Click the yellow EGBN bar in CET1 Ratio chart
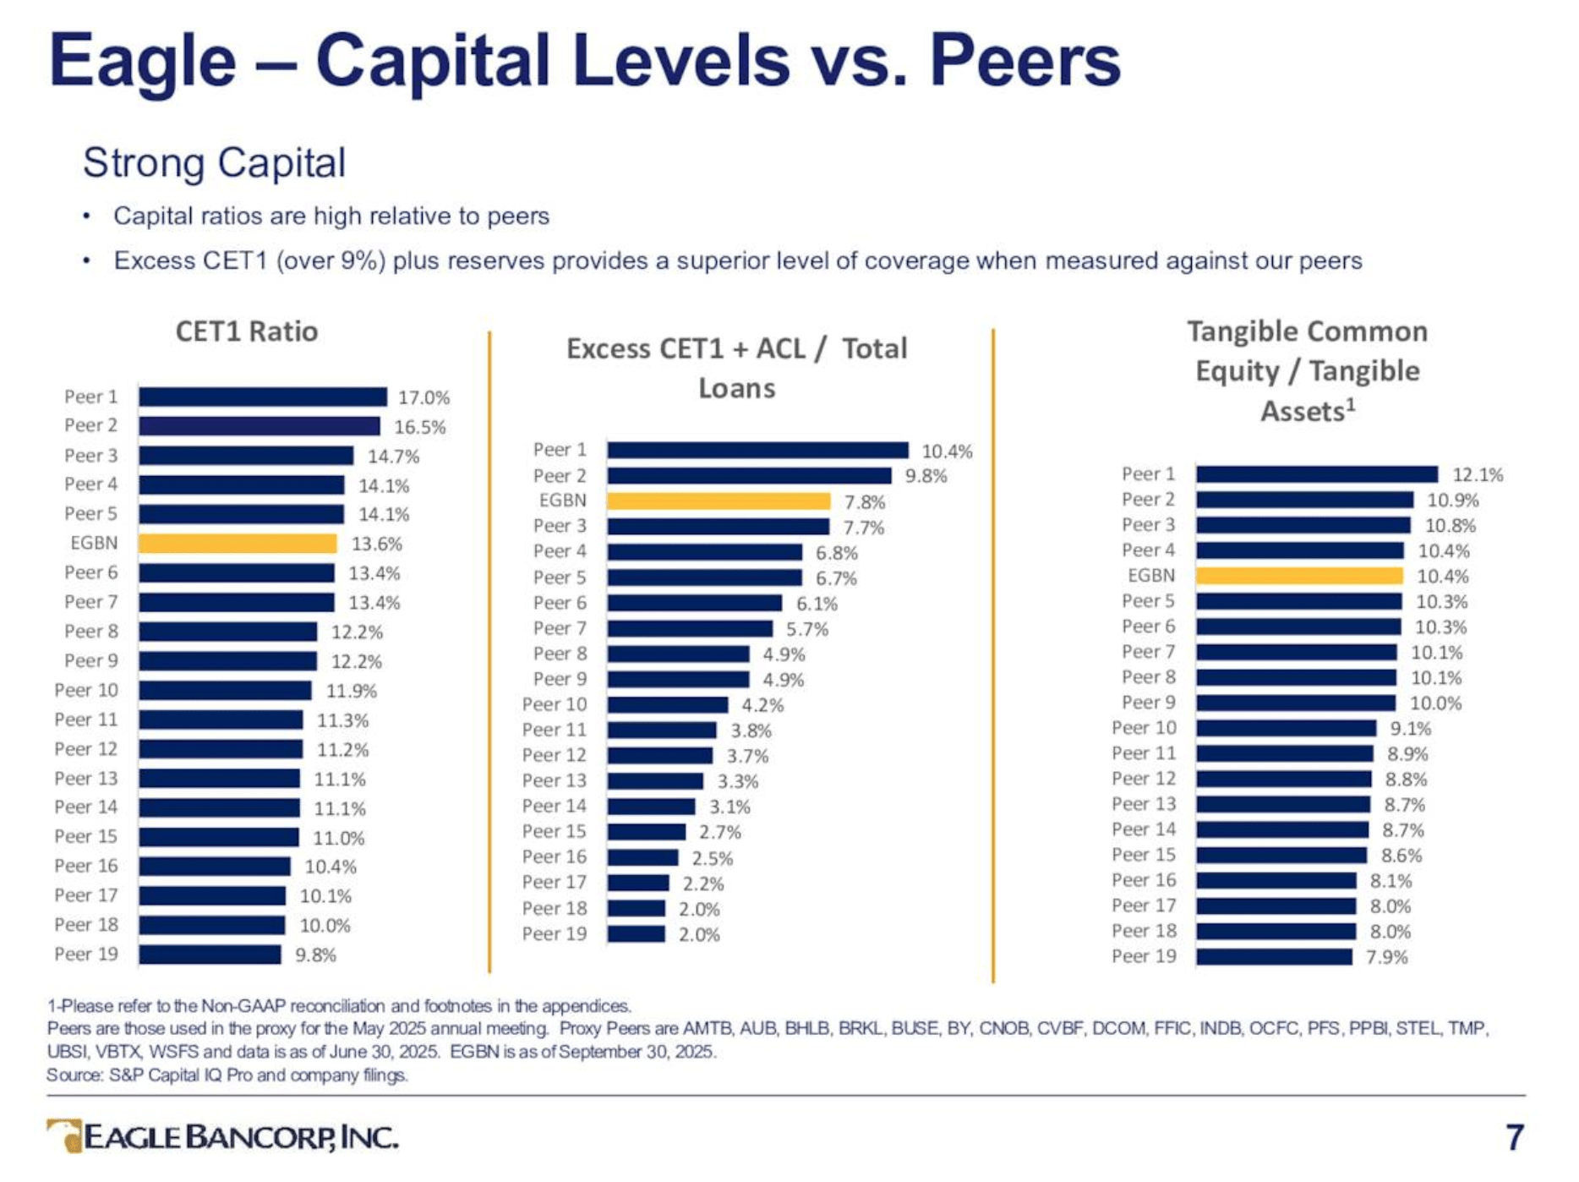click(238, 544)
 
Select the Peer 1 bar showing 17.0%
click(263, 397)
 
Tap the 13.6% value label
click(376, 544)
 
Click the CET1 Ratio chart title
click(246, 331)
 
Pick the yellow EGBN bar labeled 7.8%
click(718, 501)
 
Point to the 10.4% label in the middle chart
click(947, 451)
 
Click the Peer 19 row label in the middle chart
click(554, 934)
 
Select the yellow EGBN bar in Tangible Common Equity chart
click(1299, 576)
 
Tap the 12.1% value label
click(1478, 475)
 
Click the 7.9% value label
click(1387, 957)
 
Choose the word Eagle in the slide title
click(142, 61)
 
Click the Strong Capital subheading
click(215, 162)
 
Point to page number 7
click(1514, 1137)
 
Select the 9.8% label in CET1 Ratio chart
click(315, 955)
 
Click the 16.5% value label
click(419, 427)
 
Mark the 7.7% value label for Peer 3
click(863, 528)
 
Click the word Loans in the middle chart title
click(736, 388)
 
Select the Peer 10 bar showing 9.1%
click(1286, 729)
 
